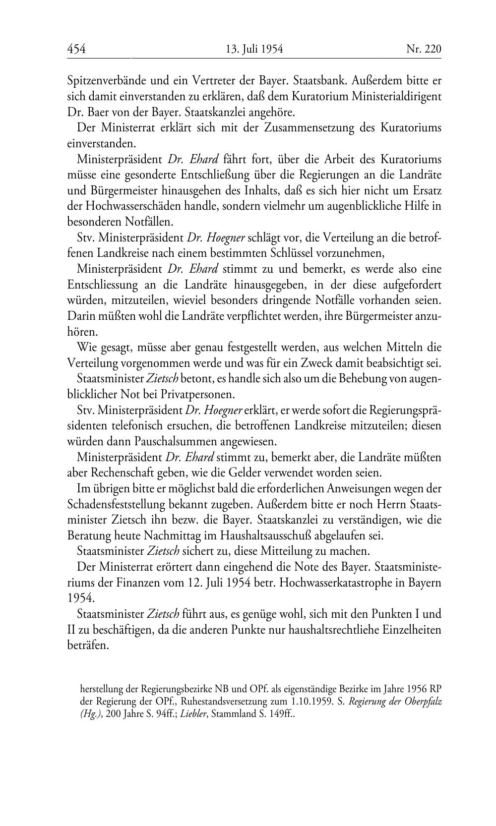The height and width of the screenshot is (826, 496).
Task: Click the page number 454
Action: coord(76,49)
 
